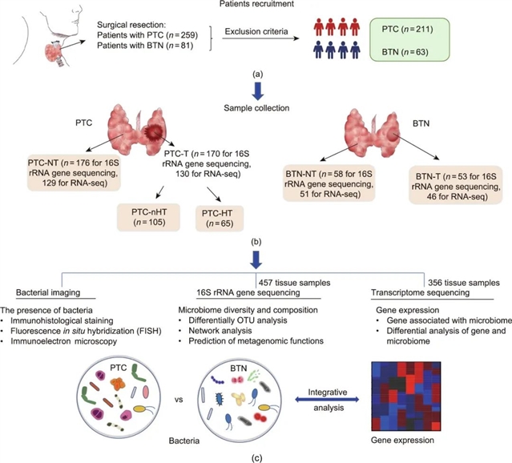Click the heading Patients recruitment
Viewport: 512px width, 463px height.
click(258, 6)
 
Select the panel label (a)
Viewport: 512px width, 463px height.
click(257, 73)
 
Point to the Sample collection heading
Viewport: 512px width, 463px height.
click(258, 104)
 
